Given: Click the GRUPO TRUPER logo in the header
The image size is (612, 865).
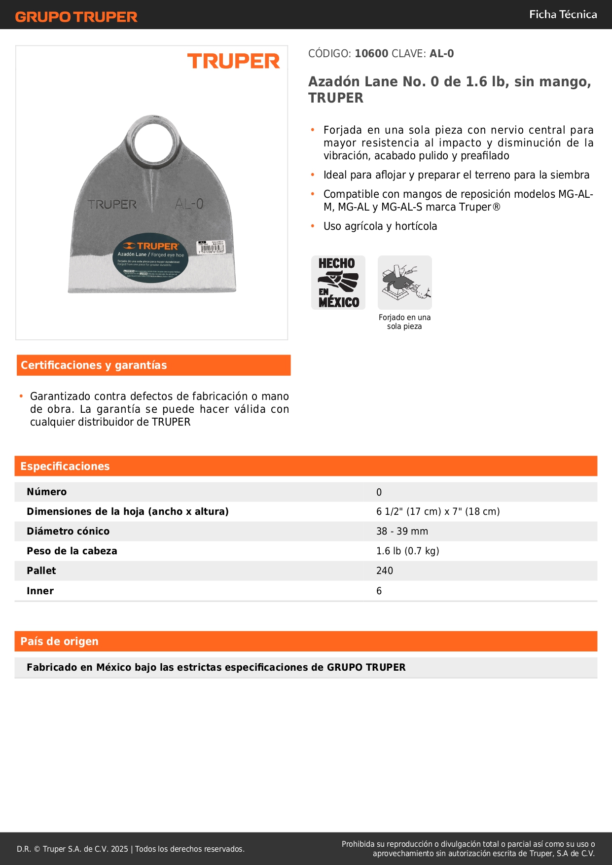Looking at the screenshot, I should click(76, 17).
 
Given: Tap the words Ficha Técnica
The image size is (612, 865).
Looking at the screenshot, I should click(563, 14).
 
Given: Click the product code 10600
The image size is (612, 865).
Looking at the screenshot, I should click(371, 54).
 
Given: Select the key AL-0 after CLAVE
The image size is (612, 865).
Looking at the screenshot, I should click(441, 54).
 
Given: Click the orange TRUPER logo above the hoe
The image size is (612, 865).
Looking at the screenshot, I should click(233, 62).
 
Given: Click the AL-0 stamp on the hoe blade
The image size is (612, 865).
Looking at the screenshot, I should click(189, 204).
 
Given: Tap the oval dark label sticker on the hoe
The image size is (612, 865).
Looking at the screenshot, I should click(150, 257).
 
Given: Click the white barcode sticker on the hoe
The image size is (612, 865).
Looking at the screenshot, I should click(211, 247).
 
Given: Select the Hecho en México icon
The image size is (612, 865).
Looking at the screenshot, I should click(338, 283).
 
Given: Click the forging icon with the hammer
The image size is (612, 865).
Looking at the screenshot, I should click(404, 283).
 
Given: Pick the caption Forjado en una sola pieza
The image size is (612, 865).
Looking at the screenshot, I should click(404, 322).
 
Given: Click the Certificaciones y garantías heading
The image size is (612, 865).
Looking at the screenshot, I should click(94, 365).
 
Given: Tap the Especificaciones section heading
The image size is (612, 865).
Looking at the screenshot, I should click(65, 467).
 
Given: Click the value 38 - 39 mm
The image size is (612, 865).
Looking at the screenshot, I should click(402, 532).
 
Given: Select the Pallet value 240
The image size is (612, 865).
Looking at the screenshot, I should click(385, 571).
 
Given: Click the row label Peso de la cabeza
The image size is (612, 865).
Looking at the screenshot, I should click(72, 551).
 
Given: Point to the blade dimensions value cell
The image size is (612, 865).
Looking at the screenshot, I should click(438, 512).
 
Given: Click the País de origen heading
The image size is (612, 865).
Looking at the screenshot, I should click(59, 642).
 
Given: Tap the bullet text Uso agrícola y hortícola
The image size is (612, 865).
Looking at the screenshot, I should click(380, 226).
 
